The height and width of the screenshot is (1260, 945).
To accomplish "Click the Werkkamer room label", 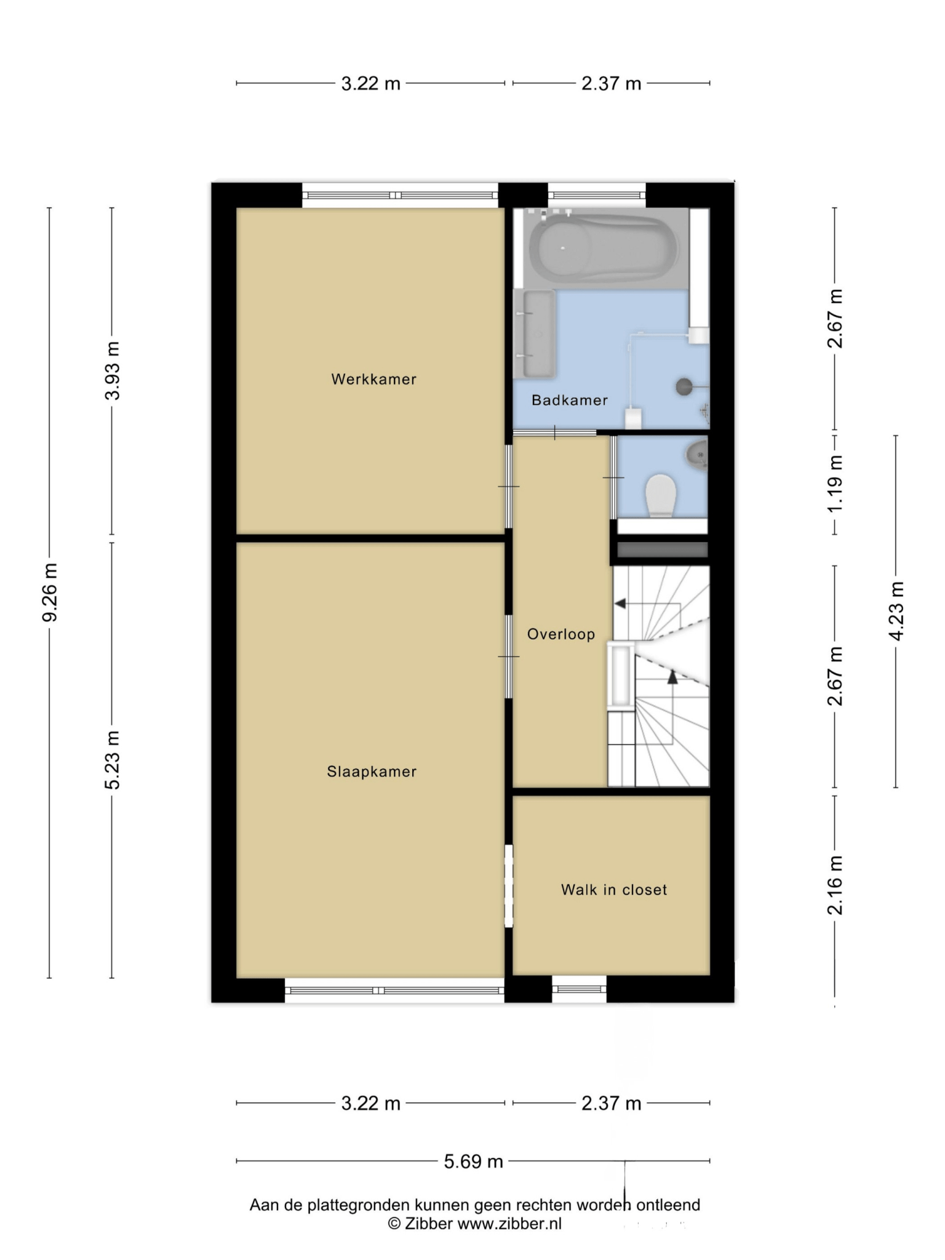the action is pyautogui.click(x=373, y=379).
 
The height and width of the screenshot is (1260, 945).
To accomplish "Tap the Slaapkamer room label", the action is pyautogui.click(x=372, y=772).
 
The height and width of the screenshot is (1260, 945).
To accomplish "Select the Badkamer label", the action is pyautogui.click(x=570, y=400).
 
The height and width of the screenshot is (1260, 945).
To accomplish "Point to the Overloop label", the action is pyautogui.click(x=561, y=634).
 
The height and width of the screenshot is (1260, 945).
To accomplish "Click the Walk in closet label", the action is pyautogui.click(x=614, y=890).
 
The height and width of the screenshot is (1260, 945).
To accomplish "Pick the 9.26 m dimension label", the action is pyautogui.click(x=49, y=592).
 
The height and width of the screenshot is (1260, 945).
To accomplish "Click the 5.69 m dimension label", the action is pyautogui.click(x=474, y=1161).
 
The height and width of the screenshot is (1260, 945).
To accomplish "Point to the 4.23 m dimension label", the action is pyautogui.click(x=896, y=611).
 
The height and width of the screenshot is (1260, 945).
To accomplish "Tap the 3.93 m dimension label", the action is pyautogui.click(x=112, y=370).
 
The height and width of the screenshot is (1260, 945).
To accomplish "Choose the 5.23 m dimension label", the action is pyautogui.click(x=112, y=760).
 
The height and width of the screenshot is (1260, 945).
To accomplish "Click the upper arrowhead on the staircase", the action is pyautogui.click(x=620, y=604).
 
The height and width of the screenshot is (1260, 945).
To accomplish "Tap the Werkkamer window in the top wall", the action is pyautogui.click(x=400, y=195).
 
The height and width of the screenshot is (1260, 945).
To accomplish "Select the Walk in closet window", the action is pyautogui.click(x=579, y=989).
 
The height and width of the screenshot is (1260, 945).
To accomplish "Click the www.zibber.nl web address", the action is pyautogui.click(x=509, y=1224).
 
